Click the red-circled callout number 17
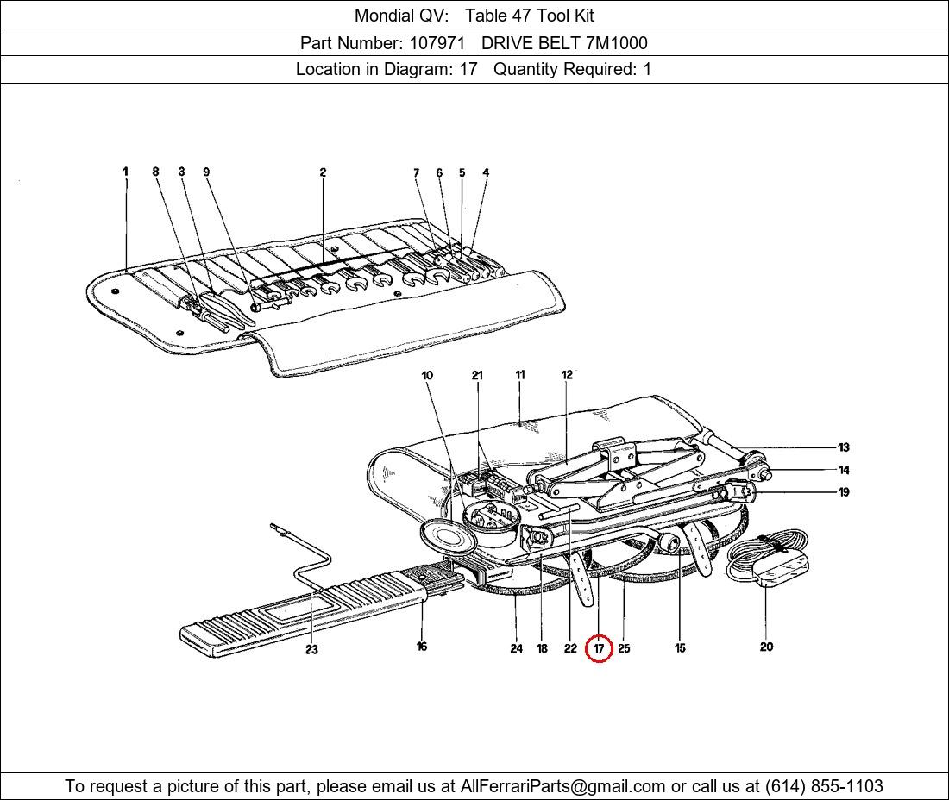[x=600, y=648]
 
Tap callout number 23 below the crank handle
[x=311, y=649]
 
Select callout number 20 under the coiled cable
[x=766, y=647]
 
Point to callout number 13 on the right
[x=844, y=447]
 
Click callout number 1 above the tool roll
[x=125, y=172]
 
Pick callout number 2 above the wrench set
[x=323, y=172]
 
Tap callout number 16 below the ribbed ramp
[x=422, y=647]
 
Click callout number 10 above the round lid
[x=427, y=375]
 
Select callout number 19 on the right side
[x=844, y=492]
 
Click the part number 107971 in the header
[x=437, y=43]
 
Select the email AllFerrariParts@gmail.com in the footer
[x=562, y=786]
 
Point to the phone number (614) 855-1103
[x=824, y=786]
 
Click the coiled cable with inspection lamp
[x=768, y=556]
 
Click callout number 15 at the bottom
[x=681, y=648]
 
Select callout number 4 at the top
[x=486, y=172]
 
